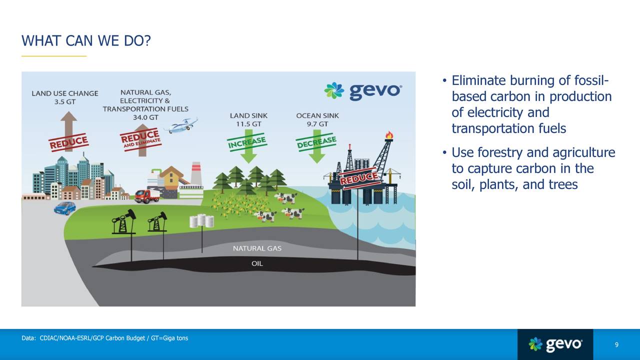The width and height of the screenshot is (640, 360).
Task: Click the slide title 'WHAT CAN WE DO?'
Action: [x=85, y=40]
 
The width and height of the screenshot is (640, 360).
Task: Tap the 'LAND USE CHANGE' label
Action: [x=65, y=93]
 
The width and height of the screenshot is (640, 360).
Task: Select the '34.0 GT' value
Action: [x=145, y=117]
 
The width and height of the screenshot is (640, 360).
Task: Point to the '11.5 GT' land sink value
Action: [x=248, y=124]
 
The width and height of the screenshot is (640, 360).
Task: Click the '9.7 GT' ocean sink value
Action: [x=317, y=124]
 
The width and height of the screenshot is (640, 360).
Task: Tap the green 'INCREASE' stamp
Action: [x=247, y=142]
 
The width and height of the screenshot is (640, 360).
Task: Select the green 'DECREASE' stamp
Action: [x=316, y=142]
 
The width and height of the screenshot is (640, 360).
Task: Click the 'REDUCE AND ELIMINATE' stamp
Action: [x=141, y=138]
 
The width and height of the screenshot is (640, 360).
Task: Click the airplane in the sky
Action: [x=182, y=125]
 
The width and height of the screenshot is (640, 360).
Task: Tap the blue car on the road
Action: [x=65, y=207]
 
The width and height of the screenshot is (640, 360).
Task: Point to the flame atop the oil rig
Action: [x=389, y=135]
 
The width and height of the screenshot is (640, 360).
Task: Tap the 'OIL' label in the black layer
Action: [x=257, y=263]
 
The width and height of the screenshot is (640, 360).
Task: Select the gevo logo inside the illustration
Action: [x=362, y=90]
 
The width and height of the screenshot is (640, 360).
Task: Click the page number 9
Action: [x=616, y=345]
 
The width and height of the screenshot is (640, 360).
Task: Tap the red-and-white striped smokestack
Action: [x=195, y=173]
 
